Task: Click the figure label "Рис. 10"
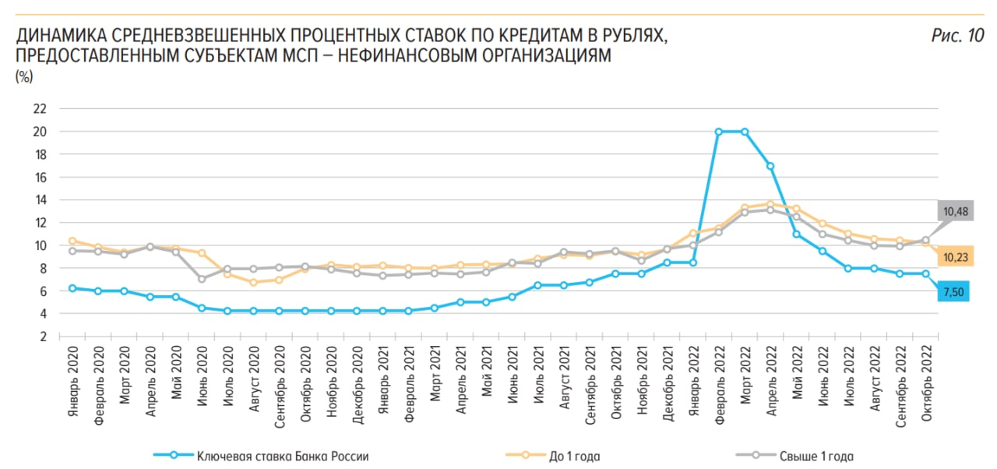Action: click(957, 35)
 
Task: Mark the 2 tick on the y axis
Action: click(44, 337)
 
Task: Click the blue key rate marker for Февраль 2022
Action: click(719, 132)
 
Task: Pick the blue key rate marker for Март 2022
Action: click(745, 132)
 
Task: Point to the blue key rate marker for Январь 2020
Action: click(72, 288)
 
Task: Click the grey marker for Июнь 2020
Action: click(202, 279)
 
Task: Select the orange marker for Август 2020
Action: click(253, 282)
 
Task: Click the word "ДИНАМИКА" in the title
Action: click(62, 36)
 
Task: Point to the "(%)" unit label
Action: click(24, 76)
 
